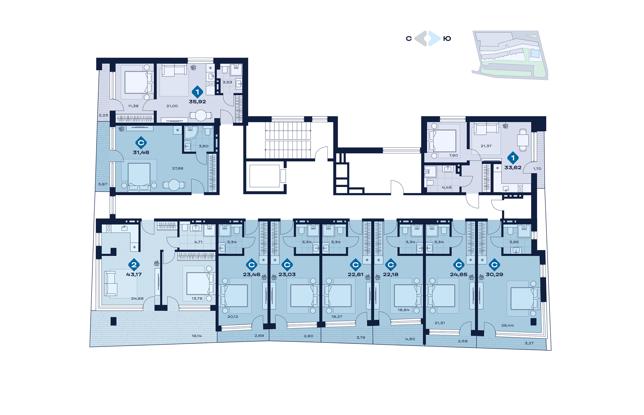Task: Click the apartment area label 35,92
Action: tap(197, 102)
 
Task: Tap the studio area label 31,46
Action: tap(141, 152)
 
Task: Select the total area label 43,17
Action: tap(134, 274)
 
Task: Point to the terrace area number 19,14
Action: tap(196, 336)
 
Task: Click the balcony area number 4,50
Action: tap(410, 339)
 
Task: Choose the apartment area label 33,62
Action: tap(513, 167)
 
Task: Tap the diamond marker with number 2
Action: tap(134, 265)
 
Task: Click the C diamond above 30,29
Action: tap(494, 265)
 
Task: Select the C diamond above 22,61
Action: tap(355, 265)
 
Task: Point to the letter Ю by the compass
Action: tap(447, 39)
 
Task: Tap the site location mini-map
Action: tap(510, 55)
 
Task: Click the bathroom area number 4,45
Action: tap(447, 187)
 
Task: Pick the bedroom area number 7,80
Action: tap(453, 155)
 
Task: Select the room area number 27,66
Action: tap(178, 168)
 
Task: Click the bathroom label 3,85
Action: tap(514, 242)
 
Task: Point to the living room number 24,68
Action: tap(137, 298)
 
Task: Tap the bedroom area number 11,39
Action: tap(133, 106)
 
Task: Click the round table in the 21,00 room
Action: tap(201, 116)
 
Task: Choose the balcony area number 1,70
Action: tap(537, 169)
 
